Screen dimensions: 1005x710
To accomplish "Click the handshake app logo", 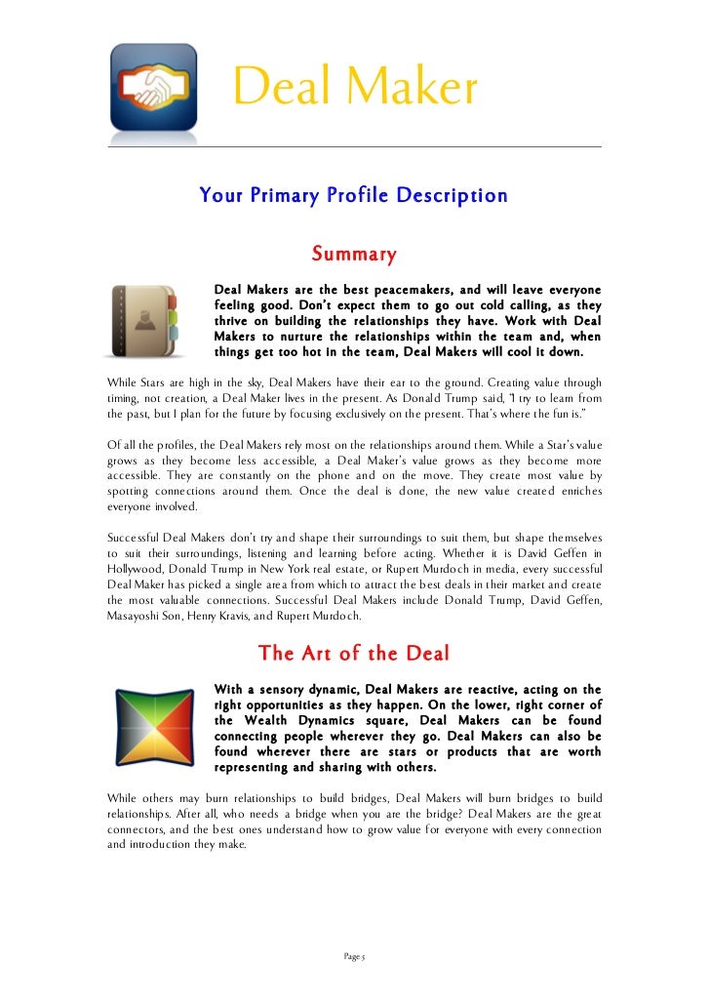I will [x=154, y=88].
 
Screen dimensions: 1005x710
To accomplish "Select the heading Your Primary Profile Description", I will [x=353, y=196].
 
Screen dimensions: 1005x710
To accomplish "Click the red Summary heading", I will [x=353, y=255].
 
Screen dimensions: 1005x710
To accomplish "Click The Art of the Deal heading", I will [x=353, y=654].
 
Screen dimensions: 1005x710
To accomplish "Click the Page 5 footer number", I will [x=354, y=957].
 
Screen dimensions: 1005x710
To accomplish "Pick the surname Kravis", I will [x=247, y=617].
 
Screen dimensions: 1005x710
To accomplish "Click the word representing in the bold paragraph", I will [x=261, y=768].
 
